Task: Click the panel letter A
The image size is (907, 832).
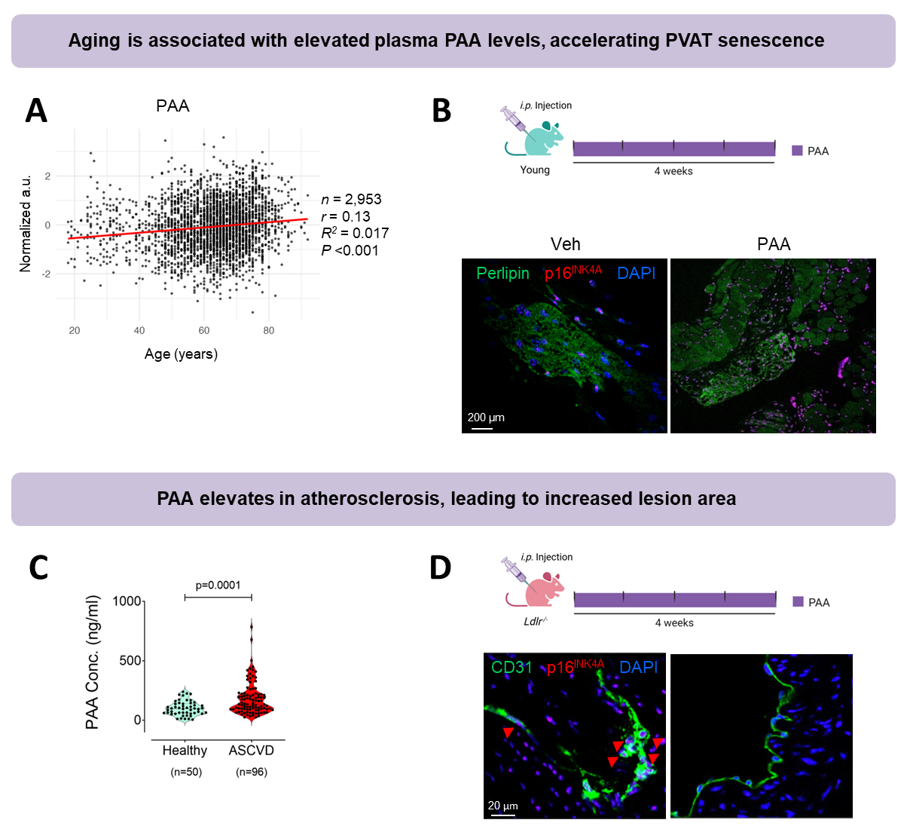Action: pos(36,111)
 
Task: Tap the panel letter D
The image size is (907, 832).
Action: pos(441,567)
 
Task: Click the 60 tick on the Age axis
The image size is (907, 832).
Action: pos(204,331)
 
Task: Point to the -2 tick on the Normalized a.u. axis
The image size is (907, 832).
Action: pos(47,274)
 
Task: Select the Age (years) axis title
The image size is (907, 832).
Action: pos(181,354)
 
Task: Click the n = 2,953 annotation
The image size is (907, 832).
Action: pos(351,199)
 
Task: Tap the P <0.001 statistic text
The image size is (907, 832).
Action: pos(350,250)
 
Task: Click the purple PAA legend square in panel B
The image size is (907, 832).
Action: pos(797,151)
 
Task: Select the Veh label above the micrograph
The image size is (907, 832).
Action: pos(565,244)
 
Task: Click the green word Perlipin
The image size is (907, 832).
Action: pos(502,273)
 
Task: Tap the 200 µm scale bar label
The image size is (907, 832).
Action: pos(486,418)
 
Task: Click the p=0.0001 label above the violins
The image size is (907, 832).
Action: pos(218,585)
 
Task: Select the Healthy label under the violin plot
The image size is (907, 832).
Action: pos(185,751)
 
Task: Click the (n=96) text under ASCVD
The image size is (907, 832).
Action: pos(252,772)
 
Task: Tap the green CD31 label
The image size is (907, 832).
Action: pos(512,668)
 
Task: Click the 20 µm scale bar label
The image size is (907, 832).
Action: pos(502,806)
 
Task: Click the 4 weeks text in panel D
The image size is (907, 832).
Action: pos(674,622)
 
